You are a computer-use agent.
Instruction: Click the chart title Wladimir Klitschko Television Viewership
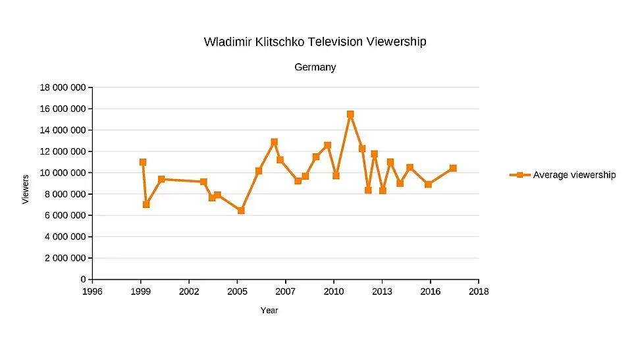(x=315, y=42)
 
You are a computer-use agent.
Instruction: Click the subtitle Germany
(x=315, y=67)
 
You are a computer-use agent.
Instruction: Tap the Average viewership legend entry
(x=564, y=174)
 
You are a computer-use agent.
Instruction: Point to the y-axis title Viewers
(x=26, y=189)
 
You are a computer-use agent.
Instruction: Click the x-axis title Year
(x=269, y=311)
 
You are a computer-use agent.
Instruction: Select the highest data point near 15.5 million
(x=350, y=115)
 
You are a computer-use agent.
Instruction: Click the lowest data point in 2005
(x=241, y=211)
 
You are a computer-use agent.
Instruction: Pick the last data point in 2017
(x=453, y=168)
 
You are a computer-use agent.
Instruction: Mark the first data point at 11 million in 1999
(x=143, y=162)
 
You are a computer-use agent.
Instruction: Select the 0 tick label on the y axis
(x=83, y=280)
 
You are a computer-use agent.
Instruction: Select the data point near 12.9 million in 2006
(x=275, y=142)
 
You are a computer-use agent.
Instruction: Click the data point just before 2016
(x=428, y=184)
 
